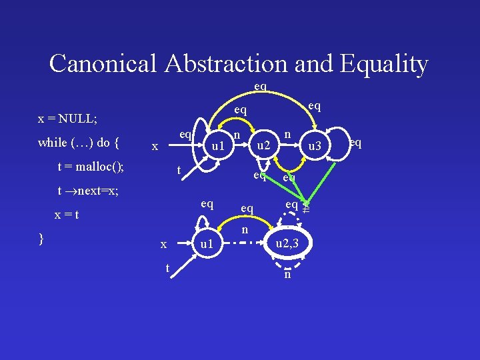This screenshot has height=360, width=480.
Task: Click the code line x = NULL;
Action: coord(68,119)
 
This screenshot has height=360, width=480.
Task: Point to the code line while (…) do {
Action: coord(79,142)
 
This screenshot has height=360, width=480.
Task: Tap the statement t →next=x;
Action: coord(89,191)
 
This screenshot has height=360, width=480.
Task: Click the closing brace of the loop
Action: coord(42,238)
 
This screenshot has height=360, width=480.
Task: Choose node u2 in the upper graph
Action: coord(264,145)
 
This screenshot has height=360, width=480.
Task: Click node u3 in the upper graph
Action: coord(313,145)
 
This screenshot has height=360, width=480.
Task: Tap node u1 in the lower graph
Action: coord(207,245)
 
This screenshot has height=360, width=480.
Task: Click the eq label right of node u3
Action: coord(355,141)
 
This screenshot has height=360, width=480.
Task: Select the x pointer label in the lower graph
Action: coord(163,245)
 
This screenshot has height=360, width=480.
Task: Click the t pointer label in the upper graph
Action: coord(178,171)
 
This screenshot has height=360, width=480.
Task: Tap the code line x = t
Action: coord(67,215)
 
